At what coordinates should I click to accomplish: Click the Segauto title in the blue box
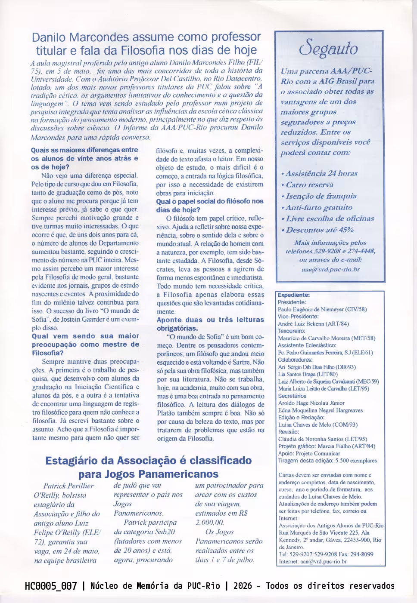(329, 48)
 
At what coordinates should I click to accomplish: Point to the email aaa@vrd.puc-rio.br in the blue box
(330, 269)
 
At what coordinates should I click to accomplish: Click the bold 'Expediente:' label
(294, 295)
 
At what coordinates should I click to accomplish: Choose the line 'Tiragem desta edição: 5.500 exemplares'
(327, 461)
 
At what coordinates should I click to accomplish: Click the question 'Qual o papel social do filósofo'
(209, 201)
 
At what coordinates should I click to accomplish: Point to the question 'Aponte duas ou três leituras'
(210, 320)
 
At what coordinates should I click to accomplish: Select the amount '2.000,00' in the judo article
(209, 522)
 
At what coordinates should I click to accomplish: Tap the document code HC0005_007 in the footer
(51, 586)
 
